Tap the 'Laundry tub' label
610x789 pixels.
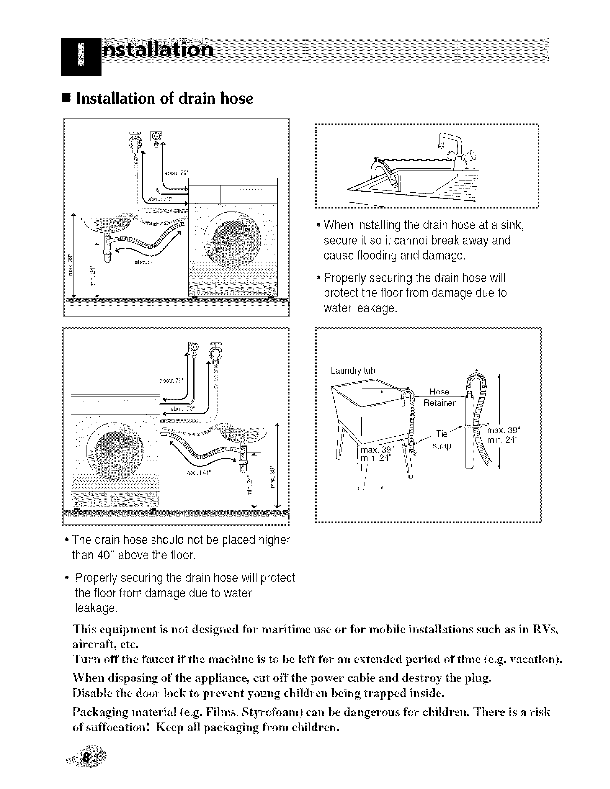pyautogui.click(x=353, y=370)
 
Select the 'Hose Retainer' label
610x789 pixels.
pyautogui.click(x=439, y=397)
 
